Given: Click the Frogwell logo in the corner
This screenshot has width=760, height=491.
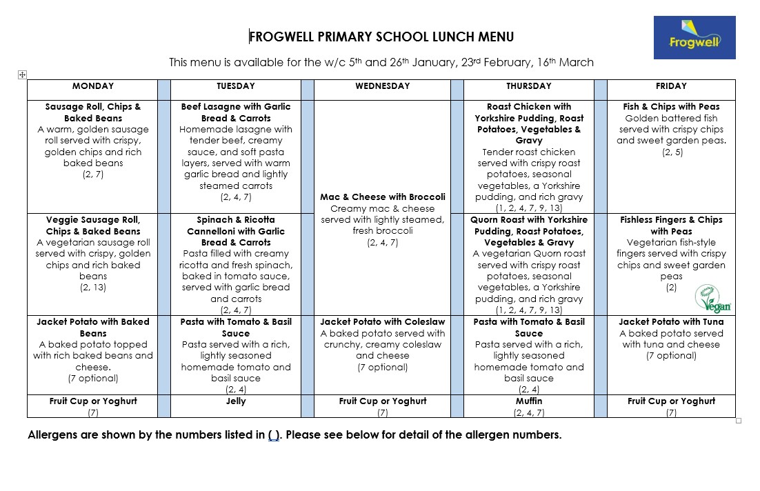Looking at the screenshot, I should click(x=694, y=37).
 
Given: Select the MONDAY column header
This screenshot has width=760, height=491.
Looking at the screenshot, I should click(x=92, y=86).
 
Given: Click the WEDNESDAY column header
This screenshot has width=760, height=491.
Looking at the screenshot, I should click(x=382, y=86).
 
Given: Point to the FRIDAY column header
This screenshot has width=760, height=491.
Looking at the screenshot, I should click(x=671, y=86).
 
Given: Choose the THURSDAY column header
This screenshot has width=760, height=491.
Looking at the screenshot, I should click(x=528, y=86).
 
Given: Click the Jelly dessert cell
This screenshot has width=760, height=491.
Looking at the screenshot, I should click(x=236, y=401).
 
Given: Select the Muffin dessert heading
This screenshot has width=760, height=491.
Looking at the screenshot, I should click(x=529, y=401).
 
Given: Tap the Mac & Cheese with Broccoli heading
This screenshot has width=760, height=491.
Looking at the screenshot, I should click(x=382, y=197).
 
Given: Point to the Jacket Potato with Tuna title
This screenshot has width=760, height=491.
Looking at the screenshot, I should click(x=671, y=322).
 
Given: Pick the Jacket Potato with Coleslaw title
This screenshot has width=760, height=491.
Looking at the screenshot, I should click(x=382, y=322).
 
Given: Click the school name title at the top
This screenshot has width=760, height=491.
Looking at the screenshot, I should click(x=381, y=37).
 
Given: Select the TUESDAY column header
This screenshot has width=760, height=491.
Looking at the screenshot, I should click(x=236, y=86).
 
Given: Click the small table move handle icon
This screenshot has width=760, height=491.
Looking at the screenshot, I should click(x=22, y=74).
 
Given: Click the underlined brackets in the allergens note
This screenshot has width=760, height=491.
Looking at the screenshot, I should click(x=274, y=435).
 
